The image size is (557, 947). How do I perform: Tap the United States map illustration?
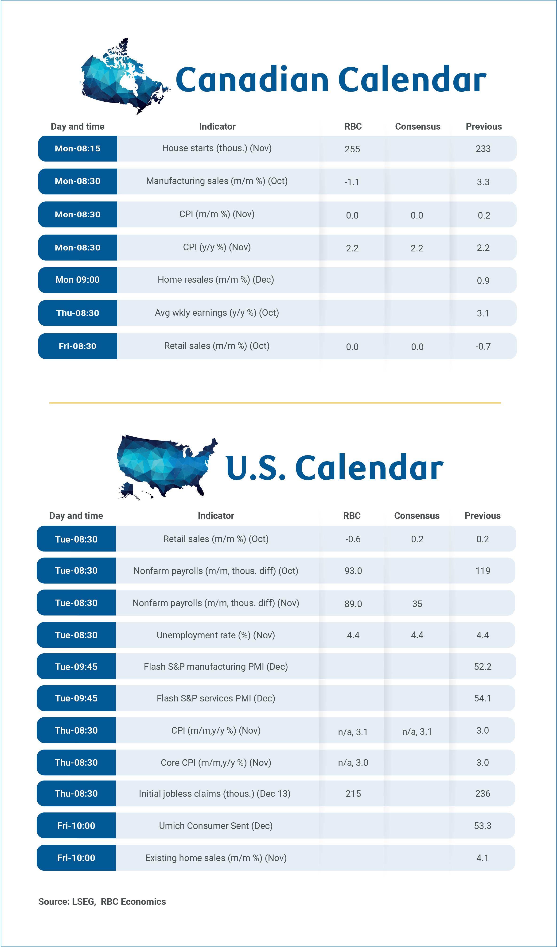point(165,466)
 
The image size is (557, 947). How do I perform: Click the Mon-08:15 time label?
point(78,148)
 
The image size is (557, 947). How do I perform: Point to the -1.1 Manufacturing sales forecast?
point(352,182)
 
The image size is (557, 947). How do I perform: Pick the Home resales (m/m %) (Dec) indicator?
point(215,280)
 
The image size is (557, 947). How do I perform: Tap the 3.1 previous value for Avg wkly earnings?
point(483,313)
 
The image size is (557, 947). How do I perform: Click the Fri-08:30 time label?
point(78,346)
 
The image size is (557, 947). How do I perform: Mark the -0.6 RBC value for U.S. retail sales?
point(353,539)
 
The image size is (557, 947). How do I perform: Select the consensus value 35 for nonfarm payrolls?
point(417,604)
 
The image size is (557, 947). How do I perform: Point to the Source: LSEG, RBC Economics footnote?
point(102,901)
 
